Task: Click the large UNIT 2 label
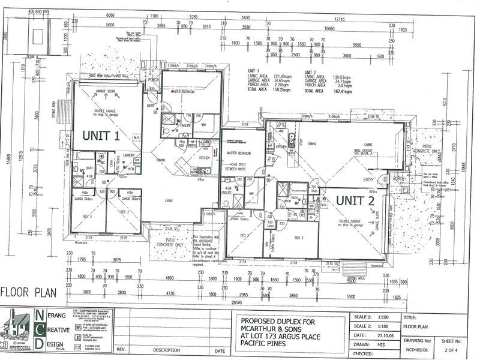click(x=355, y=201)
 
